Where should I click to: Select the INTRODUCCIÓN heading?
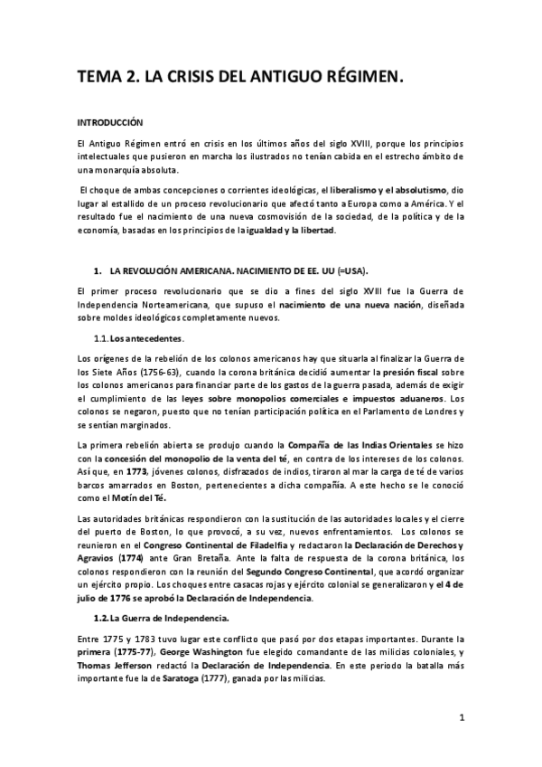[x=109, y=121]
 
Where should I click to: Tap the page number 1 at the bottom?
[x=461, y=718]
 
